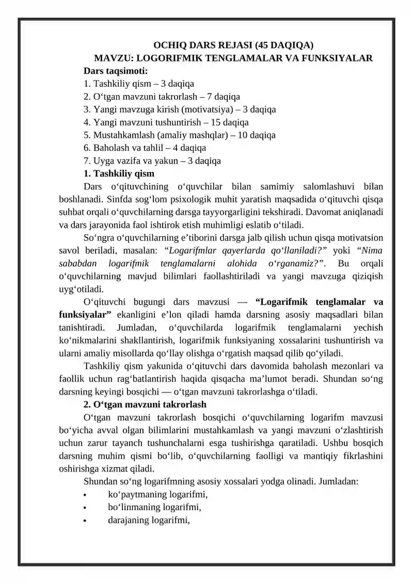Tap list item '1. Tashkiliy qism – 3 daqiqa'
tap(138, 84)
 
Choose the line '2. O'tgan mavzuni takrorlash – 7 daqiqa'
tap(161, 97)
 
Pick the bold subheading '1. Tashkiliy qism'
tap(119, 173)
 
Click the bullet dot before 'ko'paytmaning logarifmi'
tap(85, 495)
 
